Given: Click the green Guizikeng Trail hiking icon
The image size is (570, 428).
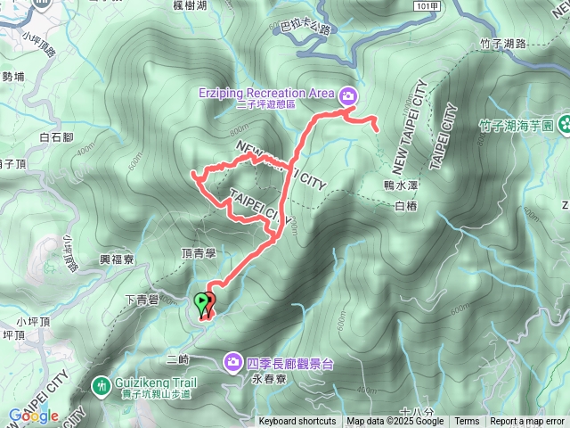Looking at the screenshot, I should tap(101, 385).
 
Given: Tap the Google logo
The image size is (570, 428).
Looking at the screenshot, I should tap(34, 416).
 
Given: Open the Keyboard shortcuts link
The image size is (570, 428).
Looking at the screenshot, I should tap(297, 422).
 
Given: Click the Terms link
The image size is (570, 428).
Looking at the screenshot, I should tap(467, 422).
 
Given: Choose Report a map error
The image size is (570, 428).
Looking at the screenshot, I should tap(527, 422).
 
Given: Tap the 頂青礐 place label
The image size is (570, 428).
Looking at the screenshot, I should tap(199, 254).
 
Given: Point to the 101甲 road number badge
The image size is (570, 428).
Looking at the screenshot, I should tap(427, 6).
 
